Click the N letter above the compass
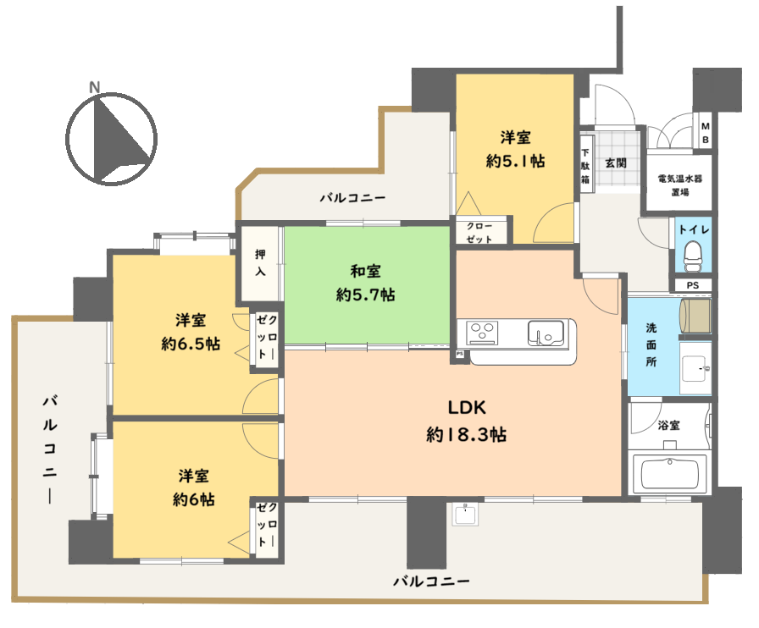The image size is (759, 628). (x=94, y=87)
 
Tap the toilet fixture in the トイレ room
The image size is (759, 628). (x=693, y=256)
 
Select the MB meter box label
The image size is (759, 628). (x=706, y=133)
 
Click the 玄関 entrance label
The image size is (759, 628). (x=616, y=163)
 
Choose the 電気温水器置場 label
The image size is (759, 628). (x=679, y=185)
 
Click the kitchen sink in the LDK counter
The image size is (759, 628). (x=546, y=333)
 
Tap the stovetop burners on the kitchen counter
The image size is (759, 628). (x=482, y=333)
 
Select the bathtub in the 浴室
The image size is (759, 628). (x=669, y=474)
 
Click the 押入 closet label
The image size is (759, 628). (x=260, y=262)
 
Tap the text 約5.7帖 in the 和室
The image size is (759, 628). (x=365, y=295)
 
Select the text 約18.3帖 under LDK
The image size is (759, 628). (x=466, y=434)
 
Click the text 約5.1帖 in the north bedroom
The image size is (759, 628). (x=516, y=161)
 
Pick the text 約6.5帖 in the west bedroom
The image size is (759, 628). (x=191, y=344)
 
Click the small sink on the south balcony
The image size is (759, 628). (x=465, y=514)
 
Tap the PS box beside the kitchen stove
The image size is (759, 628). (x=459, y=354)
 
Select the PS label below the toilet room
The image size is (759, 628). (x=693, y=285)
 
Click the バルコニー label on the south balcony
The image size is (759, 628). (x=431, y=581)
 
